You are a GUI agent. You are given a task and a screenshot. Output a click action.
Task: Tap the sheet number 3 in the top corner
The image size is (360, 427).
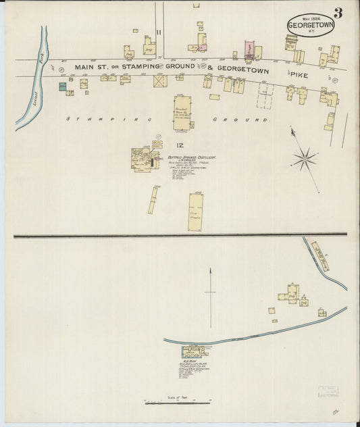(x=337, y=13)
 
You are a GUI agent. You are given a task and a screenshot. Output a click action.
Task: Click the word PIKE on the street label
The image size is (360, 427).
(x=299, y=76)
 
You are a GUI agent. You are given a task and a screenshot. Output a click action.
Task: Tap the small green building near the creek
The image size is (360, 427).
(x=62, y=86)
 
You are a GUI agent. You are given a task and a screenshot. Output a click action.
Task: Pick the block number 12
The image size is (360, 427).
(x=180, y=145)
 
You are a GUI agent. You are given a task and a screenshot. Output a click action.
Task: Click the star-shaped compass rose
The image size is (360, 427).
(x=305, y=159)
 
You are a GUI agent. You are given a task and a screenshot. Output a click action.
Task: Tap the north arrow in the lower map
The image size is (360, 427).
(x=210, y=291)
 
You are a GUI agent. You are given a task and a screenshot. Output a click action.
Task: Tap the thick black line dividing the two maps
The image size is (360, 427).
(x=180, y=235)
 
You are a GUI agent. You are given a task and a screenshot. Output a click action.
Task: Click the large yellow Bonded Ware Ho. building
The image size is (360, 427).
(x=182, y=113)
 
